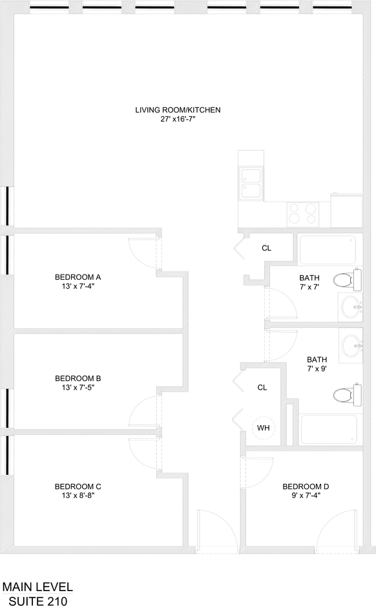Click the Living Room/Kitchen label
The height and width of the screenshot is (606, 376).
178,110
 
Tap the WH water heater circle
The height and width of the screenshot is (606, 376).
263,428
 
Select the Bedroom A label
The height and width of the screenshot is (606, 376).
78,277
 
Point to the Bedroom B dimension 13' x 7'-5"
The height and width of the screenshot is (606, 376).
78,388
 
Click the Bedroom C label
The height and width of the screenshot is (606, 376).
78,486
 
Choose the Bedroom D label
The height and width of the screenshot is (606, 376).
306,486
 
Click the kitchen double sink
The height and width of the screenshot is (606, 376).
251,183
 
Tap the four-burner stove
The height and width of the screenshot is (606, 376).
302,214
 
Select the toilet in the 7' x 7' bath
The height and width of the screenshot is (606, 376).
347,280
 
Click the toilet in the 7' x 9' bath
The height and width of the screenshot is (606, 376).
347,395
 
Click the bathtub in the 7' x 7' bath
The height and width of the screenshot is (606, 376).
328,249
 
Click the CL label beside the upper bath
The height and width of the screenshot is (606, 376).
266,248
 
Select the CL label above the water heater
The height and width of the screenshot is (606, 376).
262,387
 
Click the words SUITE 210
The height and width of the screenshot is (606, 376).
38,601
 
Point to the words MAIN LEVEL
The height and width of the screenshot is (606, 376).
37,587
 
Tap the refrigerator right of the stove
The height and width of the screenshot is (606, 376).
347,211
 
